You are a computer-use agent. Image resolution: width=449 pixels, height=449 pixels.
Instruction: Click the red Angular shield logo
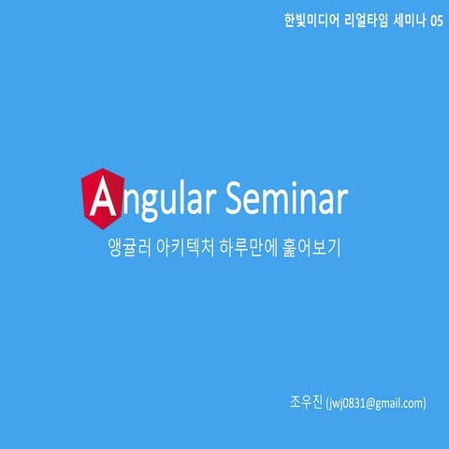point(100,197)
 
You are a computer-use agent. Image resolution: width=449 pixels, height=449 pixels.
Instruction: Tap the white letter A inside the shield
point(100,198)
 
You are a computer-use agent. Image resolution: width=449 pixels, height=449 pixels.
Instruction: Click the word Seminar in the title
point(287,197)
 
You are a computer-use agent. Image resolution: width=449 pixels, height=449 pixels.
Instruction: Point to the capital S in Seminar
point(238,197)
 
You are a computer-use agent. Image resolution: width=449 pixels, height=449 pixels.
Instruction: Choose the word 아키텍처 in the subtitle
point(186,251)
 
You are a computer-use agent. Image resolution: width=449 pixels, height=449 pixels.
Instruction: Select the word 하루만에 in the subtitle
point(246,251)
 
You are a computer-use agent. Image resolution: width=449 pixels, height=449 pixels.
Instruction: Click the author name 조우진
point(307,403)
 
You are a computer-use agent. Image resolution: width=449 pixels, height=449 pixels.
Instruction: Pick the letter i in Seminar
point(300,197)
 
